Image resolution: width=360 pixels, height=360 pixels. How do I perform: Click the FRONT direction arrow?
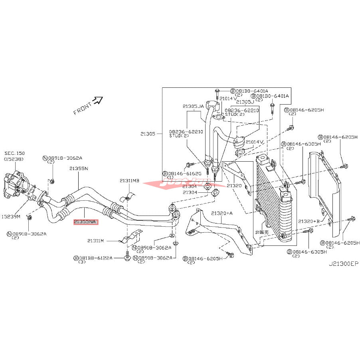[x=97, y=101]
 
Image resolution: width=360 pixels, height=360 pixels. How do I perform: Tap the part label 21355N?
[x=78, y=168]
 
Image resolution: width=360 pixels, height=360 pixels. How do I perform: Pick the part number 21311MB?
[x=129, y=180]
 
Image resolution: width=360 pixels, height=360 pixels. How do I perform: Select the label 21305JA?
[x=194, y=106]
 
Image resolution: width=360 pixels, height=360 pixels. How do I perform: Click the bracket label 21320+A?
[x=221, y=213]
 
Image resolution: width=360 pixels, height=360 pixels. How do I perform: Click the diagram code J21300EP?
[x=344, y=264]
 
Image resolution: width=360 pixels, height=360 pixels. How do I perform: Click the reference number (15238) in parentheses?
[x=14, y=159]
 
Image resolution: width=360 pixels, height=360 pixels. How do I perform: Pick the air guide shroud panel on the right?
[x=325, y=188]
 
